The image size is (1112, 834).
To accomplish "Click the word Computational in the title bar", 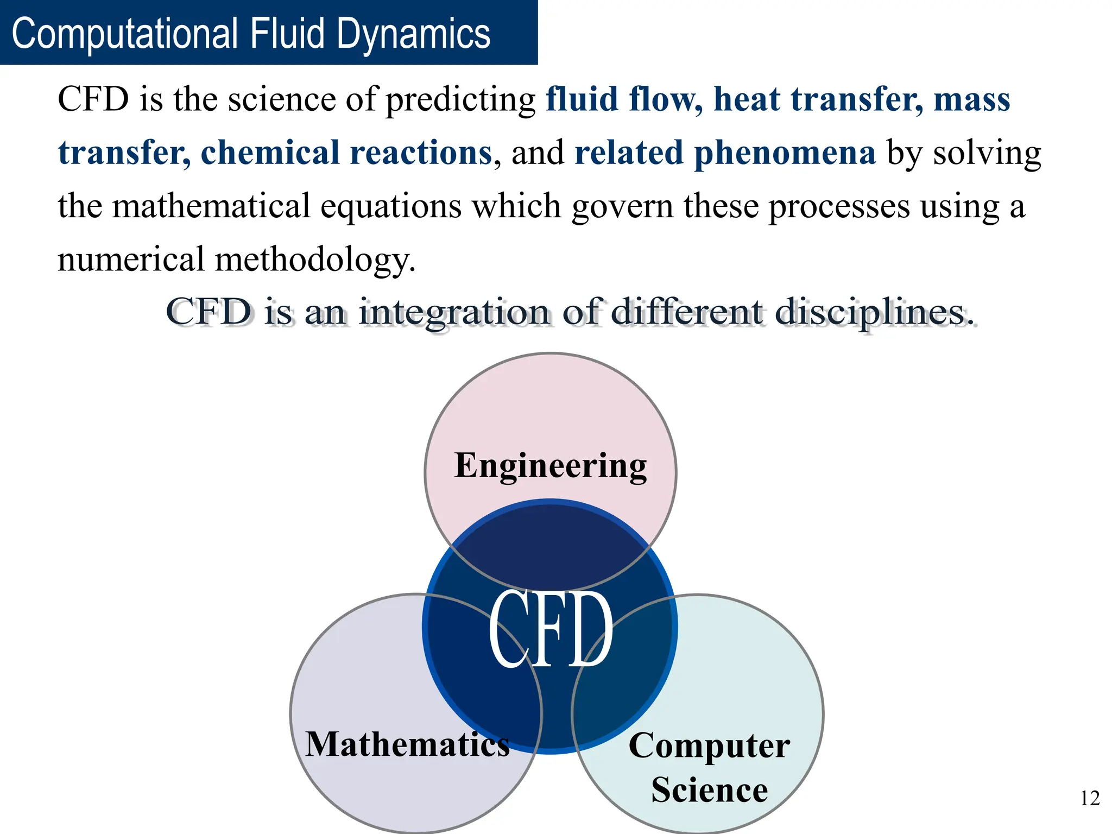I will click(125, 34).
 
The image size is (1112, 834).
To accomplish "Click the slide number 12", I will click(1090, 798).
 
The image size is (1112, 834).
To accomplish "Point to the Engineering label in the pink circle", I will click(551, 466).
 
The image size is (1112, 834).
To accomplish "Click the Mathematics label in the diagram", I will click(407, 744).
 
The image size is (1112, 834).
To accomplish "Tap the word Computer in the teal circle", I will click(709, 746).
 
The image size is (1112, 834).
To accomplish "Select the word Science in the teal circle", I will click(709, 789).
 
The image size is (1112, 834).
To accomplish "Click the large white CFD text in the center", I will click(551, 630).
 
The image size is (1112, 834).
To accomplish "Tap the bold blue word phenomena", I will click(785, 153).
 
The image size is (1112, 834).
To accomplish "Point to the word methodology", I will click(315, 260).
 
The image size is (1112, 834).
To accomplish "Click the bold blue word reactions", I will click(421, 153).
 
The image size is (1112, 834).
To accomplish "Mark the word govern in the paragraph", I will click(622, 206).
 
